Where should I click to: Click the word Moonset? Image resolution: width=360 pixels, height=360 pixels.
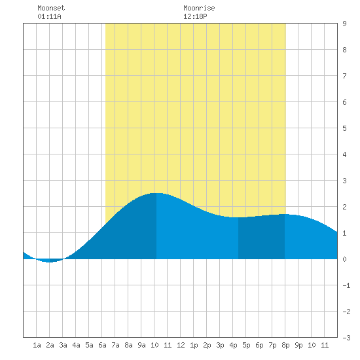(x=51, y=8)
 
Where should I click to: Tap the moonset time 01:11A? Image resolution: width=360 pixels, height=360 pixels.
(x=49, y=16)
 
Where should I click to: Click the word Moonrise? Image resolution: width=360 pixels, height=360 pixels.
(x=199, y=8)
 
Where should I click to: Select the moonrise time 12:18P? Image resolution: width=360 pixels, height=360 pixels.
(x=195, y=16)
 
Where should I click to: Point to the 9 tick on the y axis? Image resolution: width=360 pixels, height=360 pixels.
(x=344, y=24)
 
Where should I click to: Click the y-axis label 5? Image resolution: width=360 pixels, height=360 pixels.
(x=344, y=128)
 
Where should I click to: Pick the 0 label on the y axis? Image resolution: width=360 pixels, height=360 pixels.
(x=344, y=259)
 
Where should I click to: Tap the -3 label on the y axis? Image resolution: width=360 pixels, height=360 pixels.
(x=346, y=338)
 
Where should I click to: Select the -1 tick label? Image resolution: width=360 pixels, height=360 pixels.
(x=346, y=285)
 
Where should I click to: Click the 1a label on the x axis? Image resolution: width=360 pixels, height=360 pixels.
(x=37, y=345)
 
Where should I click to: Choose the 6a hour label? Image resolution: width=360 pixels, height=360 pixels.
(x=102, y=345)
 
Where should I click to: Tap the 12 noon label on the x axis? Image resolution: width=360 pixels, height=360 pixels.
(x=181, y=345)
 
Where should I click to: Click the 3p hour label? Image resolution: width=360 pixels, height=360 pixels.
(x=220, y=345)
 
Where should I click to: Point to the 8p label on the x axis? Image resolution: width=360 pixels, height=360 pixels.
(x=285, y=345)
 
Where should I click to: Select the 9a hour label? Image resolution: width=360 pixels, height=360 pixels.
(x=141, y=345)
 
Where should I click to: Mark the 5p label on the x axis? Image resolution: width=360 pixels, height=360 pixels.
(x=246, y=345)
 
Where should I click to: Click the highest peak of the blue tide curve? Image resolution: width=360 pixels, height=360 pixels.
(x=156, y=193)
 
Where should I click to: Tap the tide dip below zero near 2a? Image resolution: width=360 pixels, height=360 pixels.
(x=49, y=262)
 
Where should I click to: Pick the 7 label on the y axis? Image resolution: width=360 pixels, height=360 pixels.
(x=344, y=76)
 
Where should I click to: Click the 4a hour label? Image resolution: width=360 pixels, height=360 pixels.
(x=76, y=345)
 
